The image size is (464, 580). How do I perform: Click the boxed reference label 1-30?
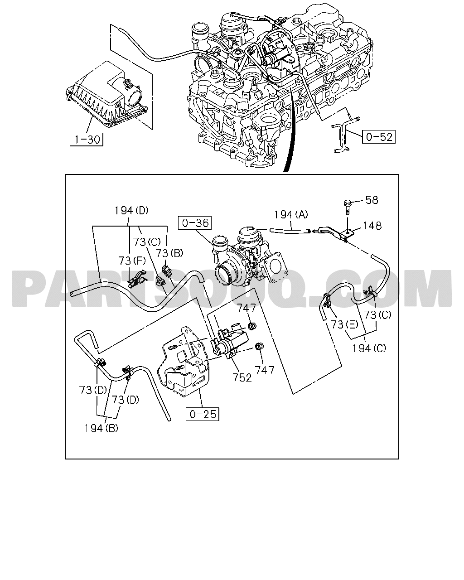pos(87,140)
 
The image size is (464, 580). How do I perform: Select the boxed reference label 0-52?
pos(379,137)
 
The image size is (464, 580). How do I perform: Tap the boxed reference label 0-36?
pos(195,222)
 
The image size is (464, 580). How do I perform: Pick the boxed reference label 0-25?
pos(203,414)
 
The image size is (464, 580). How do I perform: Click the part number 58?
pos(372,200)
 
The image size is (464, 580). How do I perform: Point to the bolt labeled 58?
pos(347,207)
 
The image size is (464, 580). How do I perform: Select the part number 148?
pos(372,226)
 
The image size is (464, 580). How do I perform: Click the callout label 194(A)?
pos(291,214)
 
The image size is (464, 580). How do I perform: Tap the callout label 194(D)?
pos(131,210)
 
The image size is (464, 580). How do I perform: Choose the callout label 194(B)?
pos(101,428)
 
